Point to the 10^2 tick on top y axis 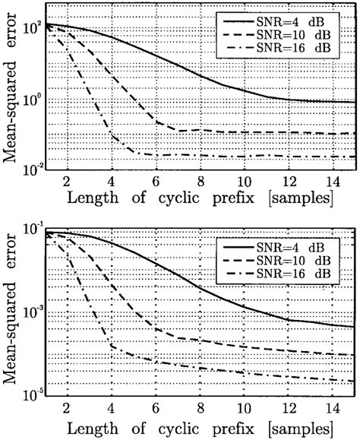[33, 28]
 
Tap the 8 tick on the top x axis [201, 182]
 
